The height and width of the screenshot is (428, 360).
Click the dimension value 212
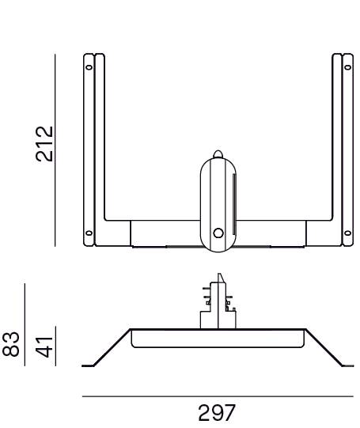coord(47,143)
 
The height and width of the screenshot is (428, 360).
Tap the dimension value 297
coord(216,412)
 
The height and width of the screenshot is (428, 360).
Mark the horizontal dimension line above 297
coord(218,396)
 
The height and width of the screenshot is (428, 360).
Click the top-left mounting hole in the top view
coord(88,67)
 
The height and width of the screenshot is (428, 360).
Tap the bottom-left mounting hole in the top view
coord(88,233)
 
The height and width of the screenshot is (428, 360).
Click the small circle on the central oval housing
coord(218,233)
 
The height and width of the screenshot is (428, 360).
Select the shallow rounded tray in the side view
coord(218,338)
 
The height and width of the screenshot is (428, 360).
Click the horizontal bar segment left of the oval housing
coord(162,233)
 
